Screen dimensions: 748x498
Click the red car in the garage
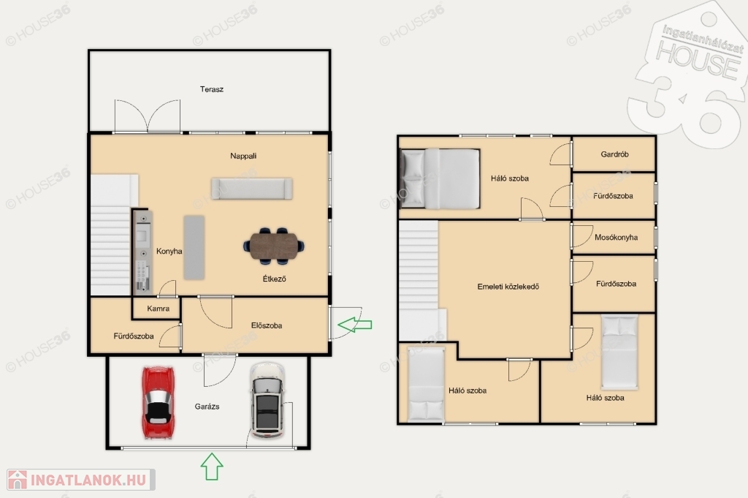[x=158, y=402]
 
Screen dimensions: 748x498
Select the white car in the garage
[x=267, y=400]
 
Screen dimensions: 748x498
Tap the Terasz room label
[x=212, y=89]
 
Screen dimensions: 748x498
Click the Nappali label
[x=243, y=156]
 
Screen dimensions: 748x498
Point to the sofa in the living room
[x=252, y=189]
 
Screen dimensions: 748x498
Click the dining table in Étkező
[x=274, y=246]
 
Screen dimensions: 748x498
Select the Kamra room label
[x=159, y=309]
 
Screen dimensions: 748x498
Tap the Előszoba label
[x=267, y=325]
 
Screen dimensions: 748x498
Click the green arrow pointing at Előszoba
[x=354, y=325]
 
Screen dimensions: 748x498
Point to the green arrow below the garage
[x=212, y=467]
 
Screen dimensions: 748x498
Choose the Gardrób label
[x=614, y=154]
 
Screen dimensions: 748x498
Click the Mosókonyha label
[x=616, y=238]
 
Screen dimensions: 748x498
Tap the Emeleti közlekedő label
[x=508, y=287]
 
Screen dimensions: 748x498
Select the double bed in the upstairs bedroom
[x=440, y=178]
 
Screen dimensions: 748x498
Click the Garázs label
[x=207, y=407]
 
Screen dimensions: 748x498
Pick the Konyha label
[x=169, y=251]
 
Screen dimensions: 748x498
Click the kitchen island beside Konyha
[x=194, y=247]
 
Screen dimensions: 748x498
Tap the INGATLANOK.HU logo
[x=81, y=480]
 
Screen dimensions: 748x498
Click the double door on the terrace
[x=148, y=116]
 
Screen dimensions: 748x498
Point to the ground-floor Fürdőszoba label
[x=134, y=336]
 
